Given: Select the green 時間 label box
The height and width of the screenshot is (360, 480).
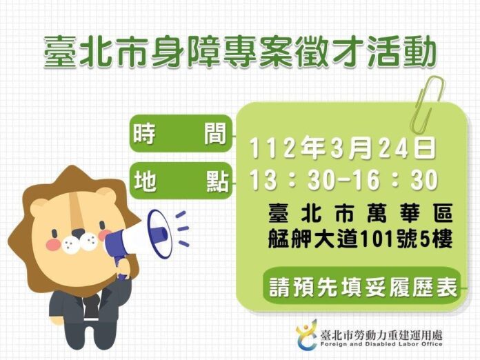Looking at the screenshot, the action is (181, 134).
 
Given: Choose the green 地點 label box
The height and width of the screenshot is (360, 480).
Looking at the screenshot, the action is (181, 181).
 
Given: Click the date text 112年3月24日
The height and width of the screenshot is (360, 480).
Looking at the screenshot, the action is (343, 148).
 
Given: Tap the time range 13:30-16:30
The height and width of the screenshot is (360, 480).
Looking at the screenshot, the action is (343, 180).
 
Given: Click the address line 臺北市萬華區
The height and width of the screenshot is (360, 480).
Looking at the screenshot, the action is (361, 212).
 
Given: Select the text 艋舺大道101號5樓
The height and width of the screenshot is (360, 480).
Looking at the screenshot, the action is (361, 239).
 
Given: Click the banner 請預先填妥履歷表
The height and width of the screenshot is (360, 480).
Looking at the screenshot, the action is (363, 286).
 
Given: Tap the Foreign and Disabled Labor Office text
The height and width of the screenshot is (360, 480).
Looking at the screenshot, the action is (381, 344).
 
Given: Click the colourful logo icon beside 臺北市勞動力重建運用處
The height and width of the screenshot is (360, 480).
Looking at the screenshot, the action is (307, 335).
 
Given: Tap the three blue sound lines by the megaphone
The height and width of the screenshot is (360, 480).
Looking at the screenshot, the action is (181, 228).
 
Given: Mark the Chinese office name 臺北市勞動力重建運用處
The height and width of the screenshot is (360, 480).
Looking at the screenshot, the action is (381, 335).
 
